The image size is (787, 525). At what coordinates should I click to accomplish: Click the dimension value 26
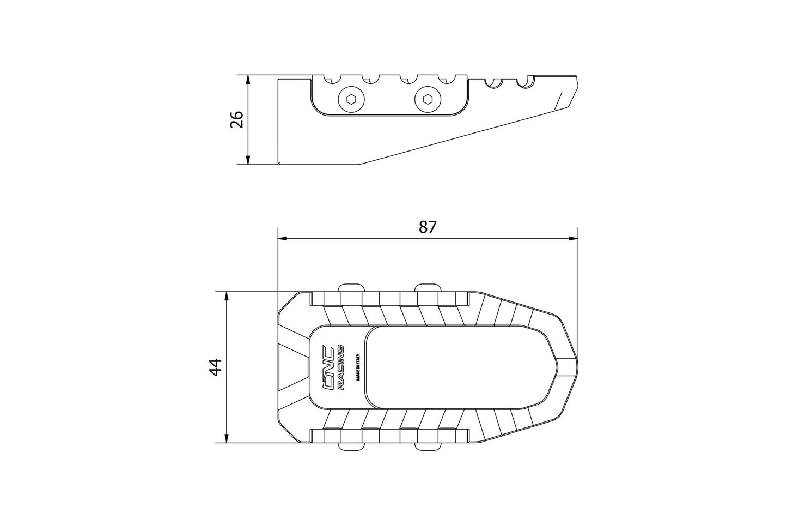[x=236, y=119]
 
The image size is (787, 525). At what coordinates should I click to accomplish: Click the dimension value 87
[x=428, y=227]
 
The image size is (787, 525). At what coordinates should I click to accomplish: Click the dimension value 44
[x=216, y=367]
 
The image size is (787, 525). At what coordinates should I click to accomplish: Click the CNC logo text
[x=329, y=367]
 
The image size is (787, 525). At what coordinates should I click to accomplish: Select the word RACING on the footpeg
[x=341, y=367]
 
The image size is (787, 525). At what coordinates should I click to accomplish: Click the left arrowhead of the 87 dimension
[x=282, y=238]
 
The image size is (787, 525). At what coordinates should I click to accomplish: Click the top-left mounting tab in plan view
[x=351, y=288]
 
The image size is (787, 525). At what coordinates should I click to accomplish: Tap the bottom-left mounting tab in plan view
[x=351, y=446]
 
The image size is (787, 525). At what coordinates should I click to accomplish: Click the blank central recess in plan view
[x=452, y=367]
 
